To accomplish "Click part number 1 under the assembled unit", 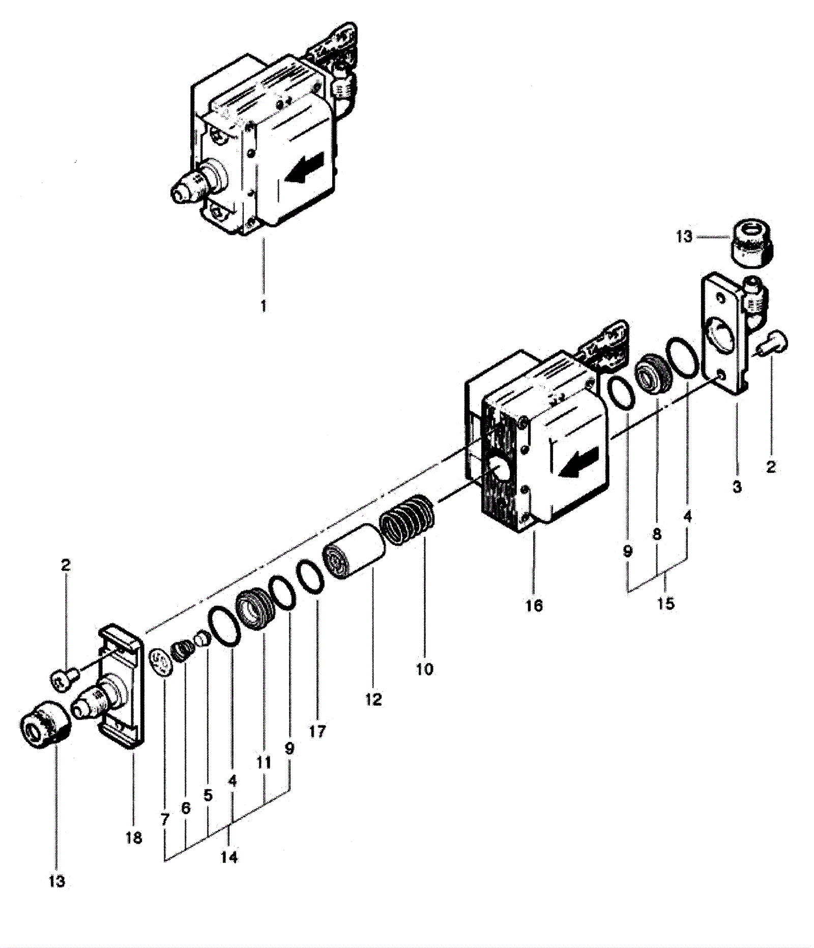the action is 263,306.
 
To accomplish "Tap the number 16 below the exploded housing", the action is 534,605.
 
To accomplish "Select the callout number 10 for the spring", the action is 424,669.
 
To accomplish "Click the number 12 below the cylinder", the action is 373,699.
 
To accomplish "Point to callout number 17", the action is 316,732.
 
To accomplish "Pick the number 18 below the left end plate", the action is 134,838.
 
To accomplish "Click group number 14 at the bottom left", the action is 229,857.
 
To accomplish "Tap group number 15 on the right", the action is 665,604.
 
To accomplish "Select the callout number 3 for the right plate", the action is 737,486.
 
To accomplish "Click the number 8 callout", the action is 657,534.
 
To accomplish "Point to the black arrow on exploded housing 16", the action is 578,463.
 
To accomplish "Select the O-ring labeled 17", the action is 310,577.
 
